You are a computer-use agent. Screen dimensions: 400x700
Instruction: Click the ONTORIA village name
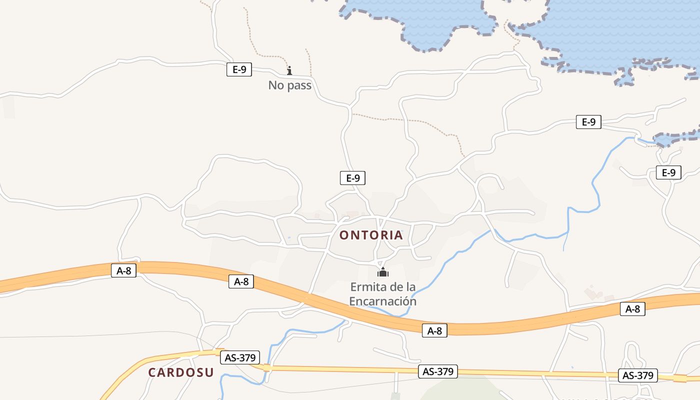tap(371, 235)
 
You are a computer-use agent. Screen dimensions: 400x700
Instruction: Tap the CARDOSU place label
tap(180, 372)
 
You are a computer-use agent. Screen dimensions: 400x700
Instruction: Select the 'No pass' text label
tap(290, 85)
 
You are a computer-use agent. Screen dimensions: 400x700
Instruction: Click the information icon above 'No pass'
tap(289, 71)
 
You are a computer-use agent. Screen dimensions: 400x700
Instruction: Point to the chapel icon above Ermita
tap(383, 272)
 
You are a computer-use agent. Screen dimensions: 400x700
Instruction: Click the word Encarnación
tap(382, 301)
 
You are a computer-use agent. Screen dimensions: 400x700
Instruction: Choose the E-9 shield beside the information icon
tap(239, 69)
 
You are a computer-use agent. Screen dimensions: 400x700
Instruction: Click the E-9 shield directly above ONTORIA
tap(353, 178)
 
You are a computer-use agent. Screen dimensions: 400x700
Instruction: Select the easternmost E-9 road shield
tap(668, 173)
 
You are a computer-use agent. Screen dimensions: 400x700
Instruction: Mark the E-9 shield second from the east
tap(588, 121)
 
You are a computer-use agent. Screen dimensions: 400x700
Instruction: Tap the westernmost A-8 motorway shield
tap(123, 270)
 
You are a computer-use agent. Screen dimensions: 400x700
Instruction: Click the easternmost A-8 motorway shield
tap(632, 309)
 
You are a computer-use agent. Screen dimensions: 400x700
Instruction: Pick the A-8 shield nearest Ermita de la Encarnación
tap(434, 330)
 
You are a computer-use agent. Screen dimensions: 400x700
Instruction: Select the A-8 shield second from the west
tap(241, 281)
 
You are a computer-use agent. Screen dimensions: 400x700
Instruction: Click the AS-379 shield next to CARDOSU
tap(240, 357)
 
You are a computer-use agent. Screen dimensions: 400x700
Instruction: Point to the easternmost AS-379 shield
tap(637, 375)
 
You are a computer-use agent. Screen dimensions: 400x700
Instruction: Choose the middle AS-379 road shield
tap(438, 371)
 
